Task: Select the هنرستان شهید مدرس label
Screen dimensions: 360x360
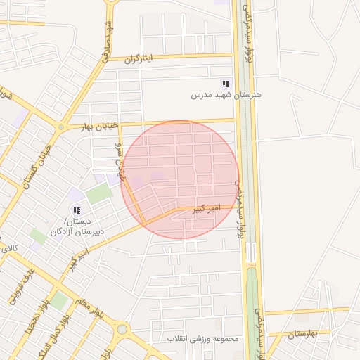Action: pos(227,94)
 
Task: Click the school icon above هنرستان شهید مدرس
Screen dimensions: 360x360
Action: pos(225,84)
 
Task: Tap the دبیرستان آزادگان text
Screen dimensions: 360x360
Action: pos(77,231)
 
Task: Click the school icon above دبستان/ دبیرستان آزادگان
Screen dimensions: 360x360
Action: pos(77,210)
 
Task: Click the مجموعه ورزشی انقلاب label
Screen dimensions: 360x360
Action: pos(203,339)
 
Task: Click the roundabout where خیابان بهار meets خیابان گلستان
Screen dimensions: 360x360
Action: pos(60,128)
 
